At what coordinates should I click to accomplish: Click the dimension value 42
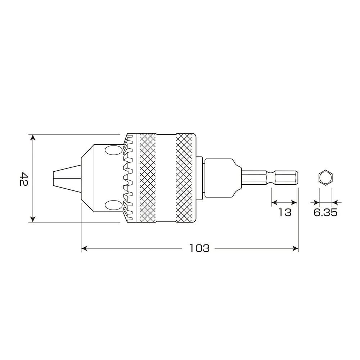coord(24,179)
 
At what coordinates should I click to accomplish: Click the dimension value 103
coord(199,248)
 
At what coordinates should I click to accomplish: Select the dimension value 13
coord(285,212)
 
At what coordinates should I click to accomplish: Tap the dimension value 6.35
coord(325,212)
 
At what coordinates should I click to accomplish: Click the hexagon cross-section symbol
coord(325,177)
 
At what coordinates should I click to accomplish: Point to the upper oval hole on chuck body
coord(114,150)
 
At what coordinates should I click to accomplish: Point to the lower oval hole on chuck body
coord(114,205)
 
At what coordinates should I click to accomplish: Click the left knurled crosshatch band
coord(147,178)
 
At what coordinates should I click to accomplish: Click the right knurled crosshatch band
coord(184,178)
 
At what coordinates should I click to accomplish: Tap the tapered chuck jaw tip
coord(67,178)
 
